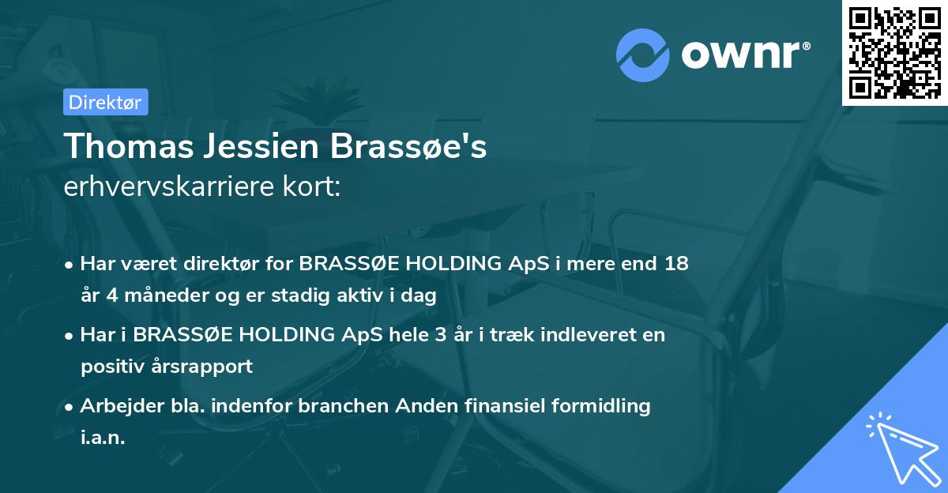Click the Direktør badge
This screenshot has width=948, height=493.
[x=105, y=102]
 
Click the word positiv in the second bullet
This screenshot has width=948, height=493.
[x=109, y=367]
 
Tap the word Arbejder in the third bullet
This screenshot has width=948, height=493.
[x=116, y=406]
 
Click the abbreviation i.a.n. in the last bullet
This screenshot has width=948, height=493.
[x=103, y=438]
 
